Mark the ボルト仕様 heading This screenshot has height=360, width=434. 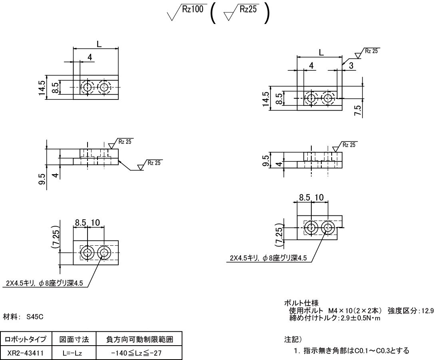coord(297,303)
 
